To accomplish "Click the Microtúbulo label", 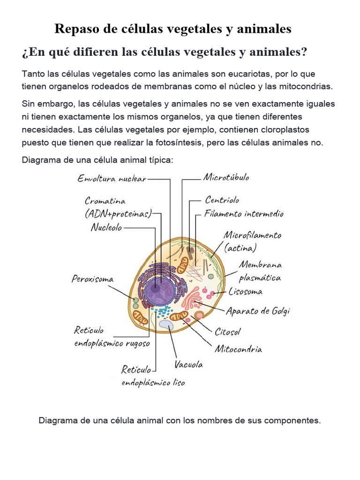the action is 226,178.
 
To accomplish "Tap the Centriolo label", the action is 222,200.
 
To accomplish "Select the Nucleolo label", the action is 106,228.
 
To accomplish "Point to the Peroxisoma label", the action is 92,279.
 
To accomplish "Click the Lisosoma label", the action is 246,292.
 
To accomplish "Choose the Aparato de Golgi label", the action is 258,311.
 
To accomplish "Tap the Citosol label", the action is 228,332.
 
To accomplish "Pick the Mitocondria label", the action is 238,349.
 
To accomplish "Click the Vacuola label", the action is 189,364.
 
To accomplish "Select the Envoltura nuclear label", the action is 112,179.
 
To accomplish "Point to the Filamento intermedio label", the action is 244,214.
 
